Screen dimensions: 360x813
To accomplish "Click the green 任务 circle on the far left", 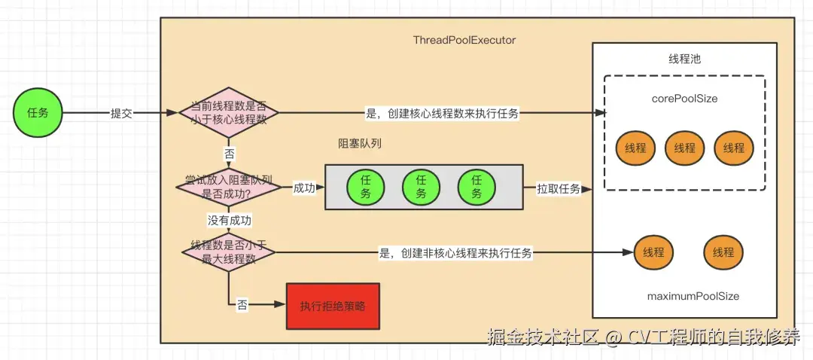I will (38, 113).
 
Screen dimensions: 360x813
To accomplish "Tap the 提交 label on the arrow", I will (121, 114).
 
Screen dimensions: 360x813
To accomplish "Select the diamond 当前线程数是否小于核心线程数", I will (229, 113).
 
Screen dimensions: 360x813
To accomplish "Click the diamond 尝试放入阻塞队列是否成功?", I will (229, 188).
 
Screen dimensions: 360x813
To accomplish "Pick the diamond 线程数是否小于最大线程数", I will (229, 252).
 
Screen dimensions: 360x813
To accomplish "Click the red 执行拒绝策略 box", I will (333, 306).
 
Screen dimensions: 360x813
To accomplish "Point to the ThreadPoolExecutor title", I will (464, 40).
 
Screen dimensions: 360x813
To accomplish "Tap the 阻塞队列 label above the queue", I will (360, 143).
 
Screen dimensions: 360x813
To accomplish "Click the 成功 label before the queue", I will (304, 188).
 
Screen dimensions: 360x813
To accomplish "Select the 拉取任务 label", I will (558, 188).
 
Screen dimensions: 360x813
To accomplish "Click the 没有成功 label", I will (229, 220).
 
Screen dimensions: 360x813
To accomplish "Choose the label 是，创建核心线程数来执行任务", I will (442, 114).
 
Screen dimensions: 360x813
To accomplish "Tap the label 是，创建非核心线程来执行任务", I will (455, 253).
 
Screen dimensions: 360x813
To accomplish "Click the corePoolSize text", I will (684, 99).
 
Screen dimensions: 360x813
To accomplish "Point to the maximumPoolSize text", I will (693, 296).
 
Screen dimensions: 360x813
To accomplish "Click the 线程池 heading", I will (684, 59).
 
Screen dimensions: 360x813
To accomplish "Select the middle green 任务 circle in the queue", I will (420, 187).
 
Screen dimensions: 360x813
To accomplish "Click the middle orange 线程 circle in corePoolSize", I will (684, 148).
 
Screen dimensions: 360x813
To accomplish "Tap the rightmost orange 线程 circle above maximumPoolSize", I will (723, 252).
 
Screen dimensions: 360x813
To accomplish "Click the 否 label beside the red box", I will (242, 305).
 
